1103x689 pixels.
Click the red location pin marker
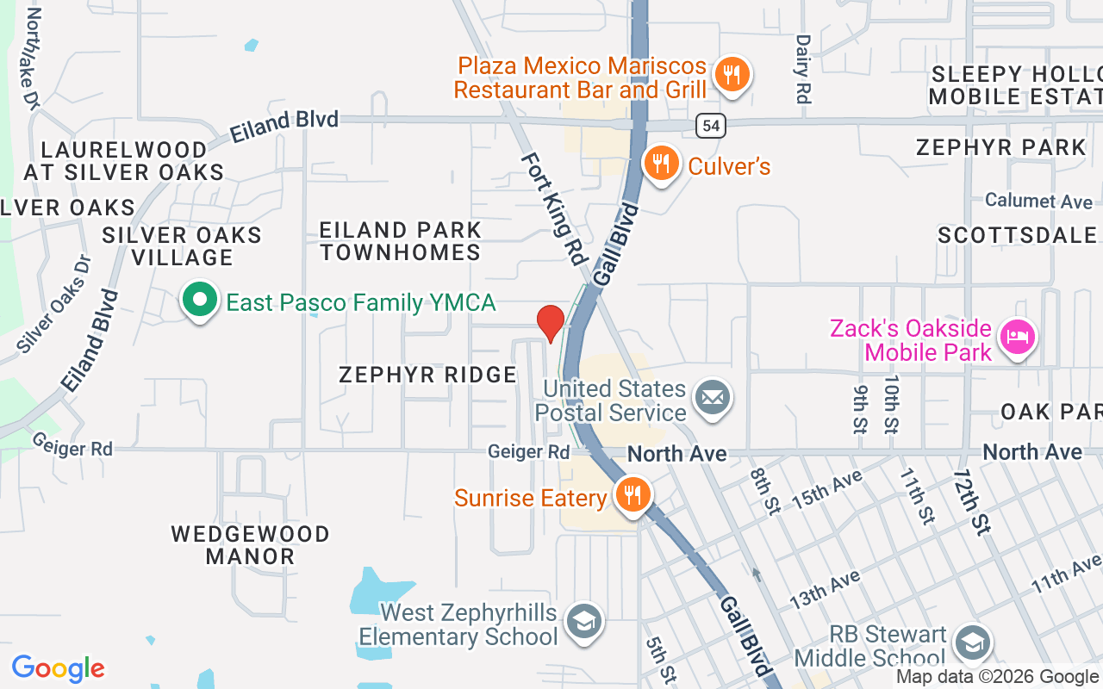[551, 322]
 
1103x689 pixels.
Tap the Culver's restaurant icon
[661, 161]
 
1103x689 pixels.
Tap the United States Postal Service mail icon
[713, 399]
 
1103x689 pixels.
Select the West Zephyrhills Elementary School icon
[584, 621]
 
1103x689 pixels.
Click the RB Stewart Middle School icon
[973, 642]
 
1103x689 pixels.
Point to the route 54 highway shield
[711, 126]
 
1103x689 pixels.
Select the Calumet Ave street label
[1038, 201]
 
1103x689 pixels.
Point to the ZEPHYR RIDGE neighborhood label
[427, 375]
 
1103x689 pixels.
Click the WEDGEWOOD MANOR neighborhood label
[250, 545]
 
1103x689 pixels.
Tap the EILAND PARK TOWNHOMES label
[401, 241]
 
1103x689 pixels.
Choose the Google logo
[58, 668]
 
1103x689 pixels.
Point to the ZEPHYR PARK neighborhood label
[1001, 147]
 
